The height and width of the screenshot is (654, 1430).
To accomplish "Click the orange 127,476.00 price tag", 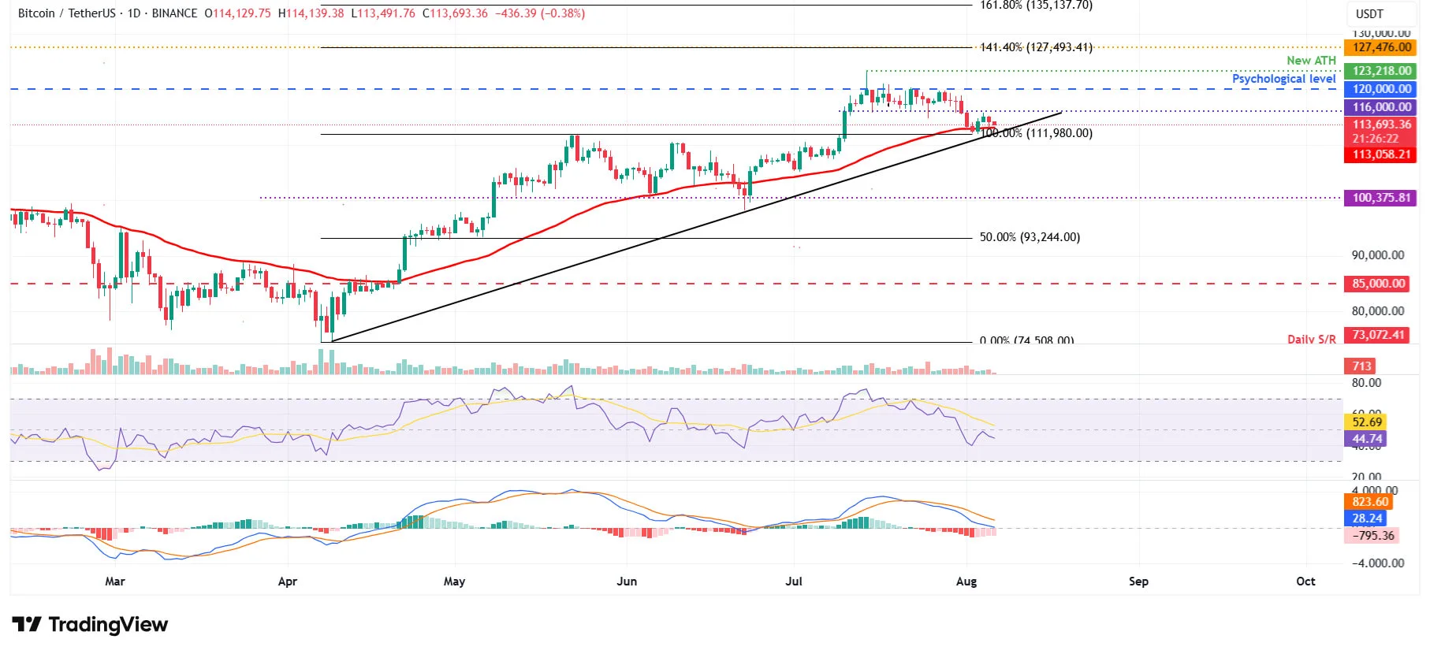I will tap(1381, 47).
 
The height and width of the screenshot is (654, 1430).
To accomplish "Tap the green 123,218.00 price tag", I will tap(1381, 71).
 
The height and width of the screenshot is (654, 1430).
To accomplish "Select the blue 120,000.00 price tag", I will tap(1381, 89).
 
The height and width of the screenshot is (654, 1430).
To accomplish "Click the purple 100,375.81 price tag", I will tap(1381, 198).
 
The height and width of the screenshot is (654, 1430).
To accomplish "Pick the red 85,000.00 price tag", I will tap(1378, 284).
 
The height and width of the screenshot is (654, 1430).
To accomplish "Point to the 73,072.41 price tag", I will tap(1378, 335).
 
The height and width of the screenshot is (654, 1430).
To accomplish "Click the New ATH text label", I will tap(1311, 61).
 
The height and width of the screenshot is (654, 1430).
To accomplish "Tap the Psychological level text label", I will tap(1283, 79).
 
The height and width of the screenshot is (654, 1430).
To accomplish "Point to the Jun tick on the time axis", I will tap(627, 582).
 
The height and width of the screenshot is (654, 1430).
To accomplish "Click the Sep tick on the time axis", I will tap(1138, 582).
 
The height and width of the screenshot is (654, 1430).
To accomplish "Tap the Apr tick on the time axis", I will tap(288, 582).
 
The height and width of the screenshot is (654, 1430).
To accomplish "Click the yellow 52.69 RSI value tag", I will tap(1367, 422).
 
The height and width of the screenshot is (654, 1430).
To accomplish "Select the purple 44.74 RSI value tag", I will tap(1367, 439).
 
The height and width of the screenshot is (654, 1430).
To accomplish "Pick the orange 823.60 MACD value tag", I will tap(1369, 502).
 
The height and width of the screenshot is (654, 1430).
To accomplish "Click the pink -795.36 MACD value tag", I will tap(1372, 536).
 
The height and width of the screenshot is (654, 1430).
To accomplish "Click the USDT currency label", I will tap(1369, 14).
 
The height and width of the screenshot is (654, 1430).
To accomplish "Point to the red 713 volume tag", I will tap(1361, 366).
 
